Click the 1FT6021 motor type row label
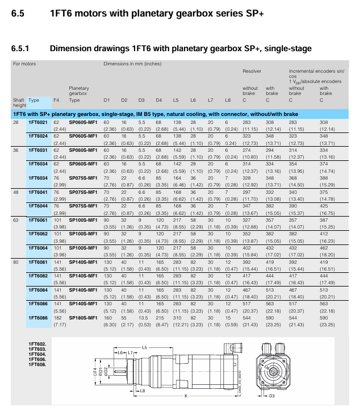coord(38,122)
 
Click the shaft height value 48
coord(16,193)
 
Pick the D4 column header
coord(159,100)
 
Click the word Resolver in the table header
coord(252,71)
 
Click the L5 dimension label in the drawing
coord(145,347)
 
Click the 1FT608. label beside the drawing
coord(37,364)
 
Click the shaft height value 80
coord(16,263)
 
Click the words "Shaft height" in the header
coord(19,102)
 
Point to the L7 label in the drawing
coord(129,353)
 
